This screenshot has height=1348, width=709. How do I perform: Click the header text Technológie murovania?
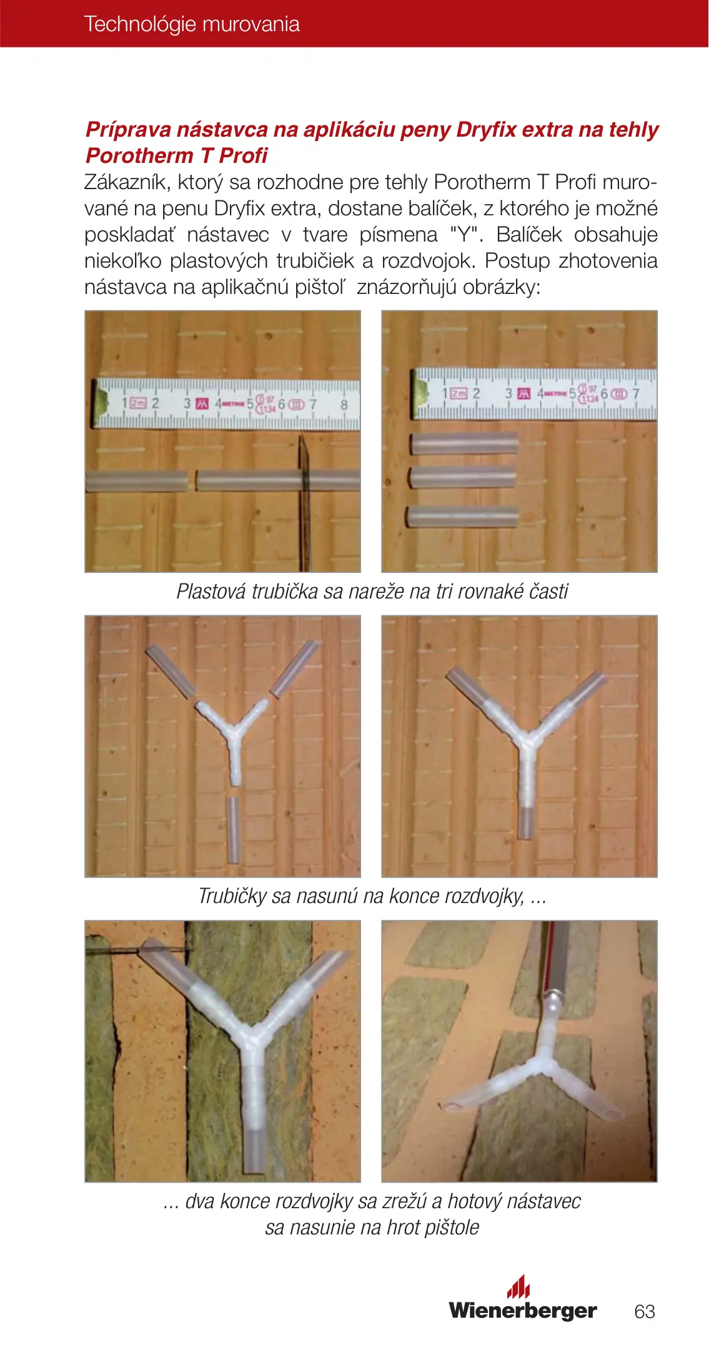coord(192,24)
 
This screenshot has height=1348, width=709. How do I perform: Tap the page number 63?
coord(645,1311)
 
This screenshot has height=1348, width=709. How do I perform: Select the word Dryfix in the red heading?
coord(486,129)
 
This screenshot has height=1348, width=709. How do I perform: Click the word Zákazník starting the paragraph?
coord(127,182)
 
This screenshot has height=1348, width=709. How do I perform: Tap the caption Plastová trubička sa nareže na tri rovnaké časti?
coord(372,591)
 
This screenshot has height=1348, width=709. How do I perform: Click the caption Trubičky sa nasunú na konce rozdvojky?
coord(372,896)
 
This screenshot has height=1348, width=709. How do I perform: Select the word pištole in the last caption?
coord(452,1227)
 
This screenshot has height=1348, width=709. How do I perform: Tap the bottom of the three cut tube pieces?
coord(463,516)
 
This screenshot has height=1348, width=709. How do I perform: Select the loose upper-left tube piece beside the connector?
coord(171,672)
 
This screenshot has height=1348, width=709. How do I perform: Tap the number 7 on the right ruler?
coord(637,394)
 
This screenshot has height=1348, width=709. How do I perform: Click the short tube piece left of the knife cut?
coord(136,481)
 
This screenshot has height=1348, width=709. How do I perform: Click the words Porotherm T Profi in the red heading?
coord(177,155)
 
